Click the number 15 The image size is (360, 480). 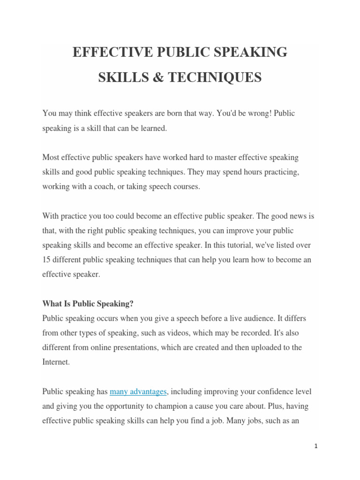click(46, 260)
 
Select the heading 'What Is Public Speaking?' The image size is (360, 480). click(88, 304)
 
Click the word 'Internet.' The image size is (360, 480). click(56, 362)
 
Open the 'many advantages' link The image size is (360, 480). click(138, 391)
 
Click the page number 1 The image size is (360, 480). click(316, 447)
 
